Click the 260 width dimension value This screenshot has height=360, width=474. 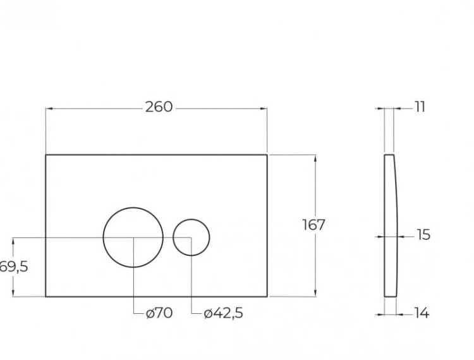point(159,107)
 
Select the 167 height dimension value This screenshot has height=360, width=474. point(314,225)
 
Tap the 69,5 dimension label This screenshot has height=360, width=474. point(14,267)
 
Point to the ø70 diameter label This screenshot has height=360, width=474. point(159,313)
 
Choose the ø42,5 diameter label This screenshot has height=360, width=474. point(223,313)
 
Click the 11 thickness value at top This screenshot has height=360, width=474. point(420,107)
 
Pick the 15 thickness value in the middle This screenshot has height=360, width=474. point(423,235)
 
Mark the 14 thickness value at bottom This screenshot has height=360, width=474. point(422,313)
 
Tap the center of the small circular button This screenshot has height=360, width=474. point(191,237)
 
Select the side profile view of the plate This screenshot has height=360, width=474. point(390,225)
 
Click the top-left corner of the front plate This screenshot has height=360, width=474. point(46,154)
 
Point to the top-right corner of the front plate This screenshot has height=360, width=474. point(267,154)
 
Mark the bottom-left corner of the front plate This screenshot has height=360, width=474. point(46,296)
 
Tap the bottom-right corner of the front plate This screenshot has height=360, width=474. point(267,296)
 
